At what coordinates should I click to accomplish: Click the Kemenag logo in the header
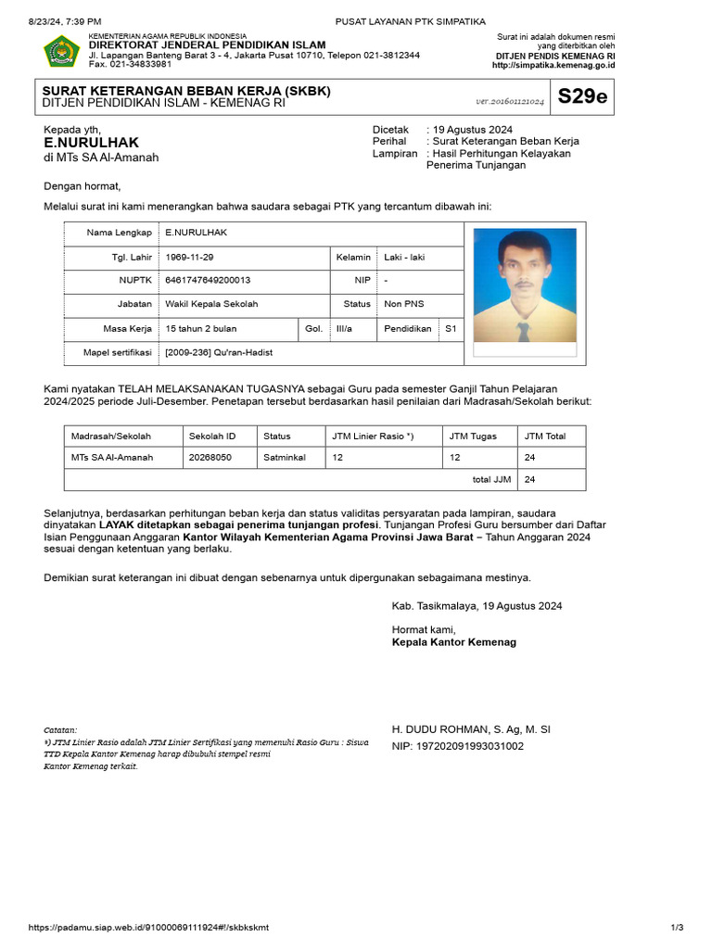coord(61,51)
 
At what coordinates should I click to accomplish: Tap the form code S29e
coord(582,96)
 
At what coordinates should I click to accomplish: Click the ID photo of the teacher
coord(524,286)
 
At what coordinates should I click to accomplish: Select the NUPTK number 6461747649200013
coord(208,280)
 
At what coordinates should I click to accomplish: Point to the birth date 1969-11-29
coord(189,257)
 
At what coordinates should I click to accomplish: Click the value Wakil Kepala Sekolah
coord(211,304)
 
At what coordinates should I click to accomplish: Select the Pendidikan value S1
coord(451,328)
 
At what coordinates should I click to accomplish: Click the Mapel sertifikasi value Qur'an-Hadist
coord(219,352)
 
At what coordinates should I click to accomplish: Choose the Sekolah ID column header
coord(212,436)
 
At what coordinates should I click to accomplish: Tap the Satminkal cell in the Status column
coord(285,457)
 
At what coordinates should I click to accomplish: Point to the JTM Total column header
coord(545,436)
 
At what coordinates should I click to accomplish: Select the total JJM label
coord(491,479)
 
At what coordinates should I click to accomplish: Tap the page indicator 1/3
coord(677,928)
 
